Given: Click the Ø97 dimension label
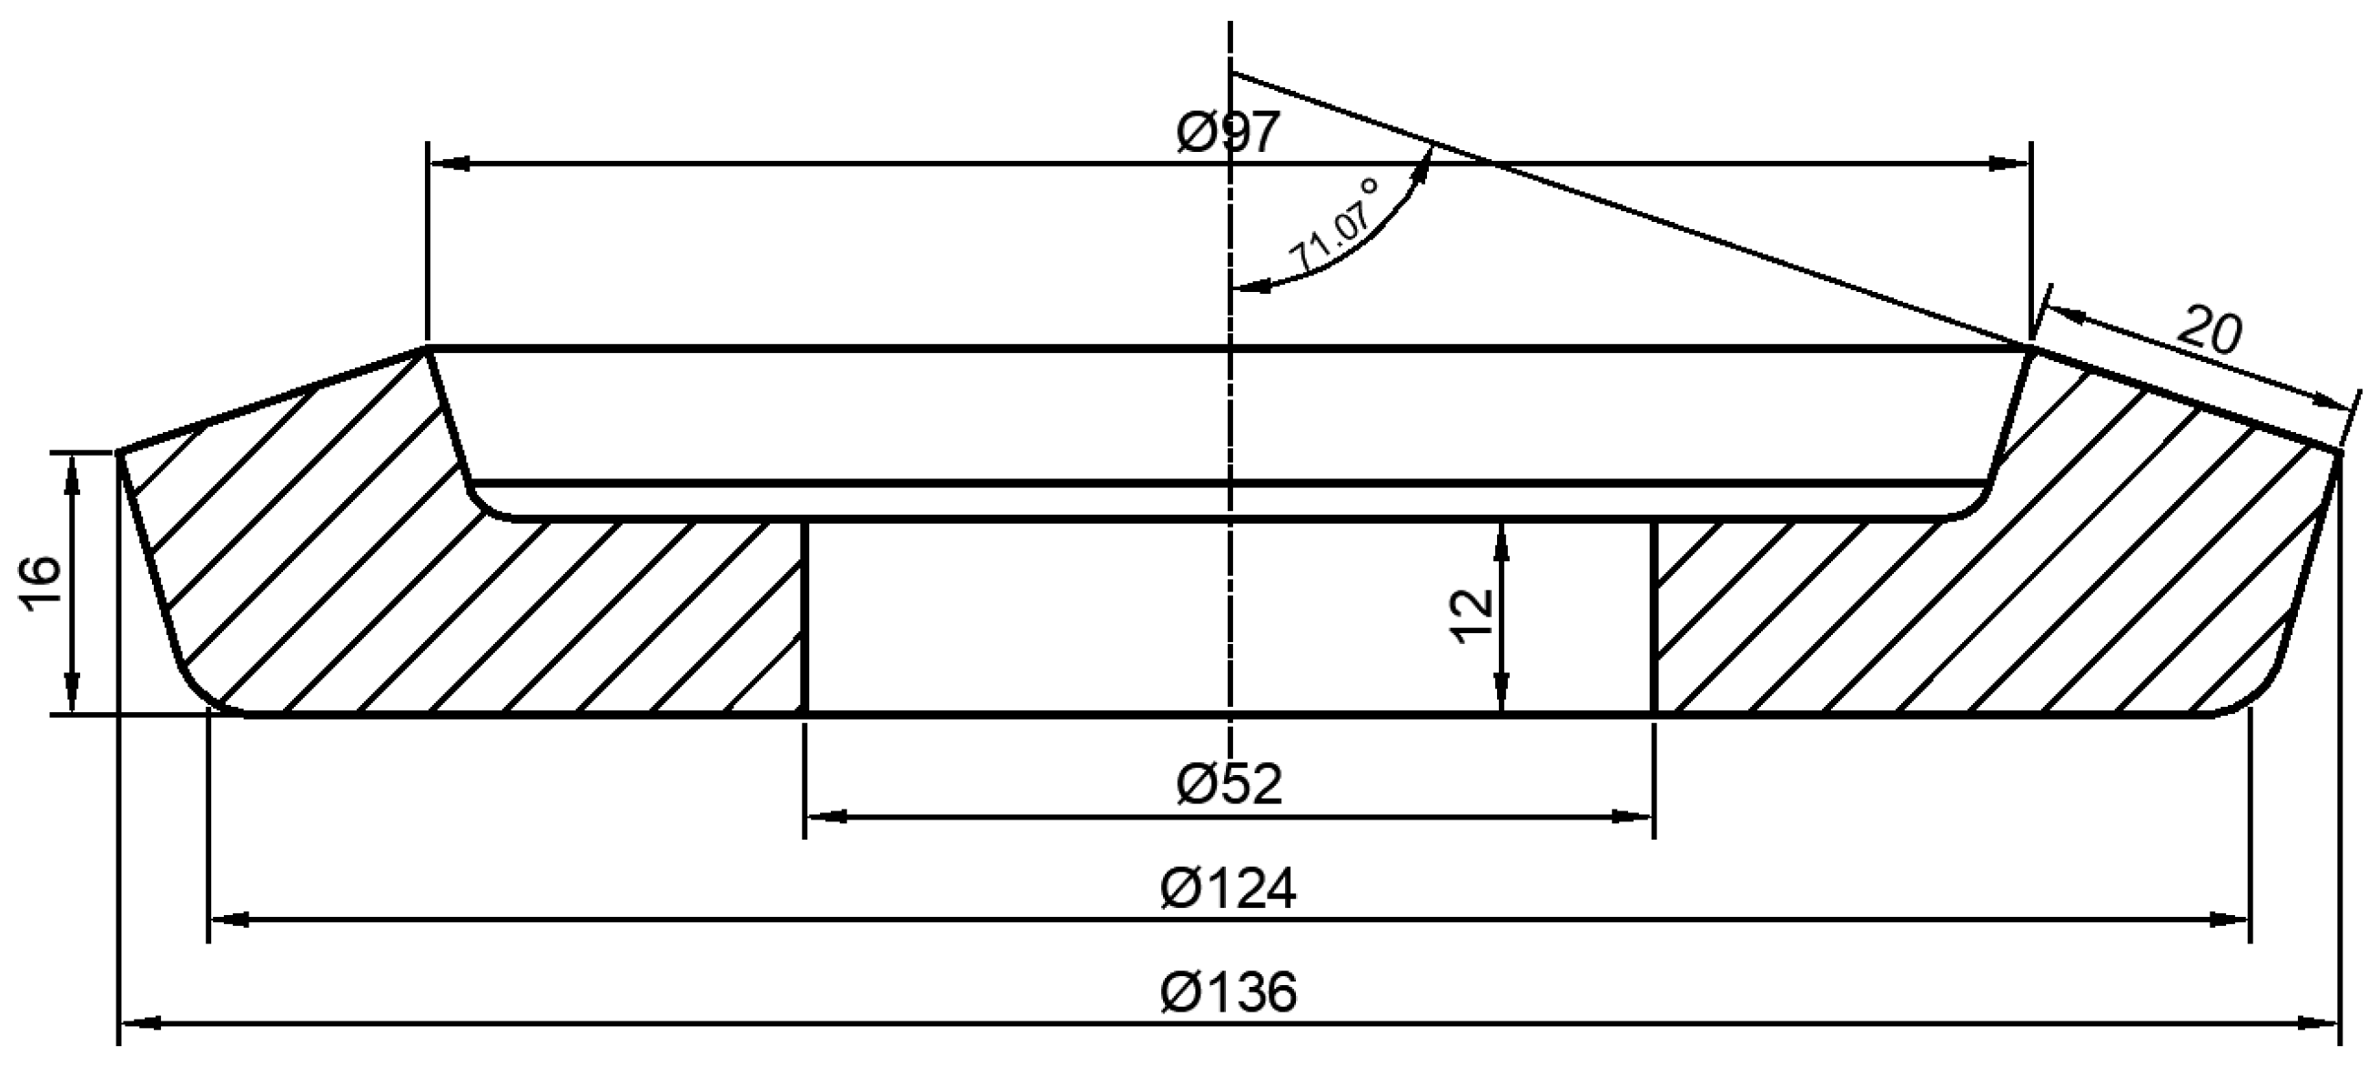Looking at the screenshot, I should pos(1229,132).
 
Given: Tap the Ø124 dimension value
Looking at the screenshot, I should pos(1229,889).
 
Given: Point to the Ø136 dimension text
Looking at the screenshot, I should pos(1229,992).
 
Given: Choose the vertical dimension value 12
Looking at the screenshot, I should pos(1472,616).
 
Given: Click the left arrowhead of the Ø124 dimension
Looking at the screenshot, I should pos(231,921).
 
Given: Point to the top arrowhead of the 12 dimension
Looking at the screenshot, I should pos(1501,542).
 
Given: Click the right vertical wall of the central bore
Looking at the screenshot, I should pos(1654,617).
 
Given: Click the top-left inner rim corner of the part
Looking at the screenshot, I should pos(428,349).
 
